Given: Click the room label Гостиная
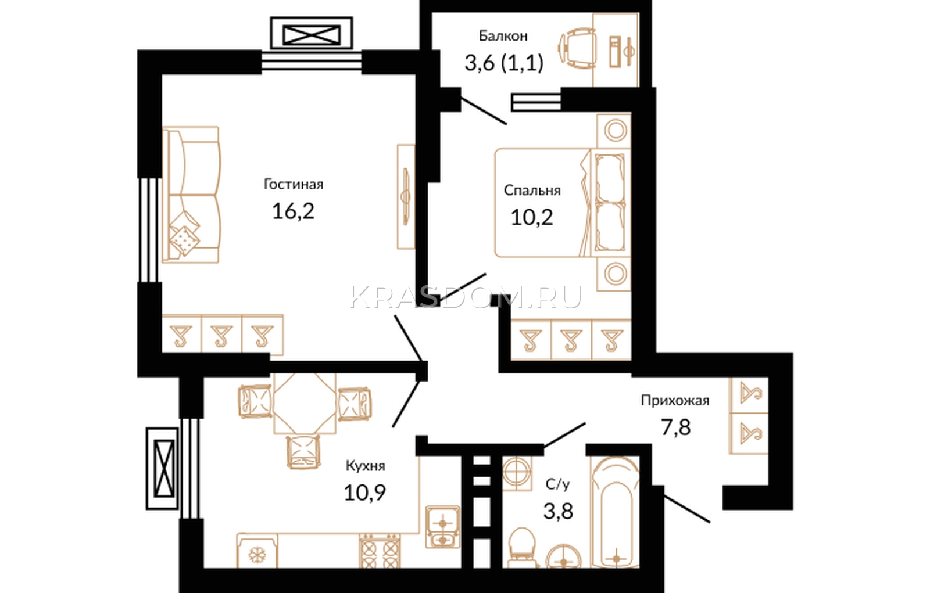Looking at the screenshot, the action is (294, 184).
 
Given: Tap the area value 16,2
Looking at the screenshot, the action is (293, 211).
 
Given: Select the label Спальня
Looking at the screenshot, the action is (532, 191).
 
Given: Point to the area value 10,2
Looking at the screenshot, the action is (532, 217).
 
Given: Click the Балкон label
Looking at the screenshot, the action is (503, 36).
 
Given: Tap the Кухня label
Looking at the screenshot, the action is (366, 466).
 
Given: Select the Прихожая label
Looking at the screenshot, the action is (675, 400).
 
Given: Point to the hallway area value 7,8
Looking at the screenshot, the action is (676, 427).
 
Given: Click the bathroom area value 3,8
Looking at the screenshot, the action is (559, 511).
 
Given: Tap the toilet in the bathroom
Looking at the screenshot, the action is (522, 547).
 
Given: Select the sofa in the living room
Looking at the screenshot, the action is (192, 195).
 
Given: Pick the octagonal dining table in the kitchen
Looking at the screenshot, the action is (305, 403).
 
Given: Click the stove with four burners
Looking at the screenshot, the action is (380, 551).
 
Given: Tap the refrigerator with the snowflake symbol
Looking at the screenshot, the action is (257, 551).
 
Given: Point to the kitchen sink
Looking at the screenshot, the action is (442, 527).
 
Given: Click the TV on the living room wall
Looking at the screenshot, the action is (406, 197).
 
